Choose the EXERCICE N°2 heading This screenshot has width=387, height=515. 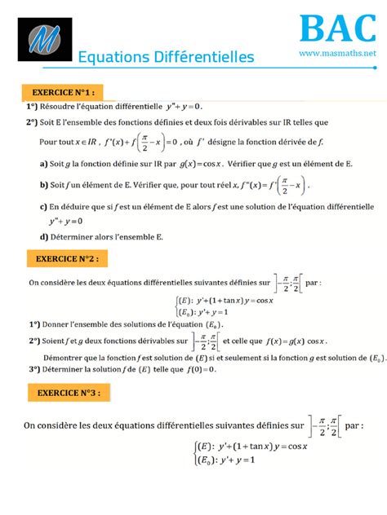click(x=68, y=258)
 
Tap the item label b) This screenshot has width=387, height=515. click(x=43, y=185)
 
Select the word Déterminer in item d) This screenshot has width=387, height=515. click(x=74, y=237)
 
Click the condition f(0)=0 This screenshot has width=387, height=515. click(x=194, y=368)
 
